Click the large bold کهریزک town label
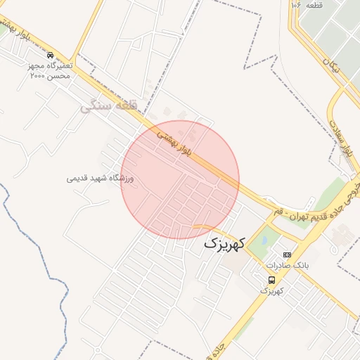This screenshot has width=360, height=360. coord(224,244)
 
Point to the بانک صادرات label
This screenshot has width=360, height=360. coord(287,265)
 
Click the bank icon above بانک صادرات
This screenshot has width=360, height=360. coord(286,255)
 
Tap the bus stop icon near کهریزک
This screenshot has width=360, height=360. coord(272,280)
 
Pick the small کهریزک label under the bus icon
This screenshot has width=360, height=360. coord(271,290)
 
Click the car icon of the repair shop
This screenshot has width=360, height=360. coord(49,55)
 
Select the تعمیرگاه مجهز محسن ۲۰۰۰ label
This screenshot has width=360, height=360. coord(49,70)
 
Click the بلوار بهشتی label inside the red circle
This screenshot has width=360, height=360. coord(174,139)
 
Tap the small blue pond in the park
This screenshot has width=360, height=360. coord(264,239)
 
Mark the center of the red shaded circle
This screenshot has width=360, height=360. coord(181,180)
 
